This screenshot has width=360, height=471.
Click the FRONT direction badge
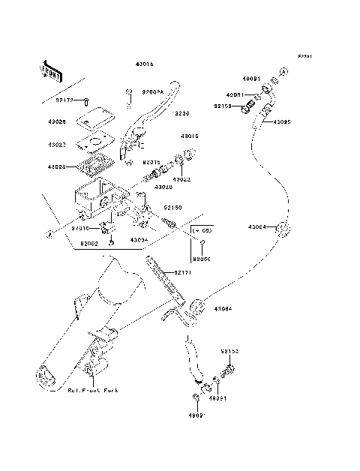51,70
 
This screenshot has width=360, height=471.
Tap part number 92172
65,98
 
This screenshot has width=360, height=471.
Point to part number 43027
57,144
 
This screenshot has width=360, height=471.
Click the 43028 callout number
57,167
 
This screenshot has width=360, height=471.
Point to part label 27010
81,228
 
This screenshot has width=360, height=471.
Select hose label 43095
282,121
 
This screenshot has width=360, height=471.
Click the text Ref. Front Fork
93,391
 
